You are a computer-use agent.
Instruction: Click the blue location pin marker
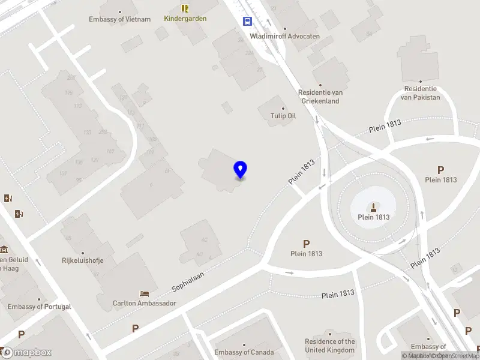click(x=241, y=170)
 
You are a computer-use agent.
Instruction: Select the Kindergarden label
click(x=185, y=19)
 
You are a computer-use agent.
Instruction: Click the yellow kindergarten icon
click(x=185, y=8)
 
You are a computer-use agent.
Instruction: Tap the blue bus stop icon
click(x=247, y=21)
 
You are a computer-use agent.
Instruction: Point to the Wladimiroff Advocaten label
click(x=284, y=36)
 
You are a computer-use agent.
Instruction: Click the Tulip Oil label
click(x=284, y=116)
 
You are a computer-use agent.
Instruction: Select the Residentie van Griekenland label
click(x=320, y=97)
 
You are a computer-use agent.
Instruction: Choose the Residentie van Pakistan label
click(x=420, y=93)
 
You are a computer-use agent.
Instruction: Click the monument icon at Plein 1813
click(x=374, y=208)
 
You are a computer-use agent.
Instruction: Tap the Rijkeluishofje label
click(x=83, y=260)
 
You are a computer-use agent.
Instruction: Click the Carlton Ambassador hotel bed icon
click(x=145, y=293)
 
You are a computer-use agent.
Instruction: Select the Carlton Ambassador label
click(x=145, y=303)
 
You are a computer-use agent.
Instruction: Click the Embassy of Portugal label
click(x=40, y=307)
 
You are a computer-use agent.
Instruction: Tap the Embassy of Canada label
click(x=244, y=352)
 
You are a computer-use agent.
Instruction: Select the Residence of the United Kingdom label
click(x=330, y=346)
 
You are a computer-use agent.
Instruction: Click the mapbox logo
click(x=26, y=352)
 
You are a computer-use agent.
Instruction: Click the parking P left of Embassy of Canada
click(x=135, y=328)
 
